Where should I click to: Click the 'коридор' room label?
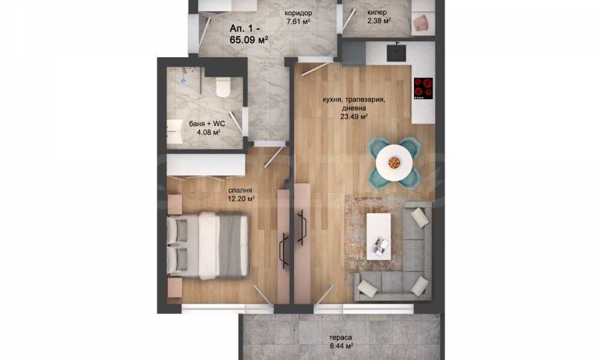[x=298, y=13]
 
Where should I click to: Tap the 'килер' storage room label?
[x=377, y=13]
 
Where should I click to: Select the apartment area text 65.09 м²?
[x=249, y=39]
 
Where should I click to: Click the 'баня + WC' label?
[x=207, y=124]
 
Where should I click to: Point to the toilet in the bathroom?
[x=223, y=87]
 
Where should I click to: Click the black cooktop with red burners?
[x=423, y=89]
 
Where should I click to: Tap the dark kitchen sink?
[x=396, y=53]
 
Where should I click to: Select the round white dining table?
[x=394, y=163]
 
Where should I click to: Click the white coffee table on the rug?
[x=379, y=237]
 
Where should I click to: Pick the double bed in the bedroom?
[x=208, y=245]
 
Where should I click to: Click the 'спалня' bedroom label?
[x=240, y=191]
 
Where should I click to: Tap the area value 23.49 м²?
[x=354, y=116]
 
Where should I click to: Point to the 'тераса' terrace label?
[x=341, y=338]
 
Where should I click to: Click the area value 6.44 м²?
[x=341, y=346]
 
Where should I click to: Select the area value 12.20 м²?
[x=241, y=199]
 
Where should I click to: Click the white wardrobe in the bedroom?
[x=206, y=165]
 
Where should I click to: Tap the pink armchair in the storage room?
[x=422, y=23]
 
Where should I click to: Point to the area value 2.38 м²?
[x=379, y=21]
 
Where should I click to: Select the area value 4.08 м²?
[x=208, y=133]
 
